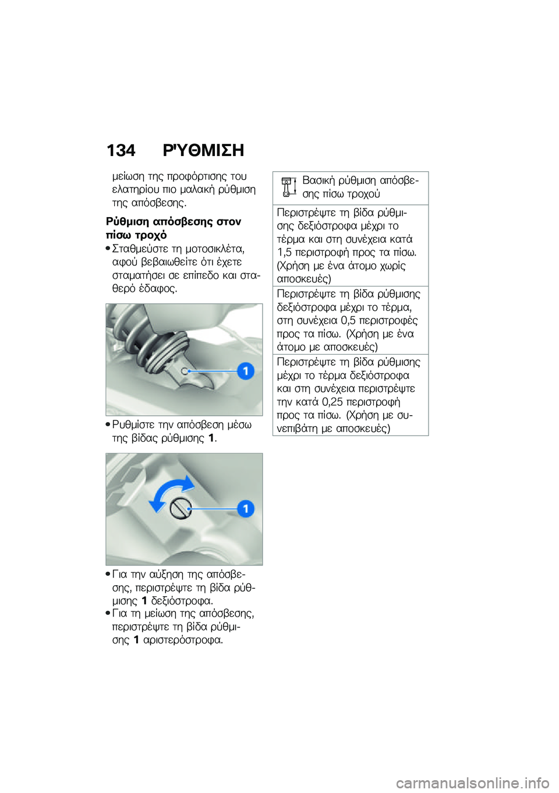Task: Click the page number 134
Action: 121,151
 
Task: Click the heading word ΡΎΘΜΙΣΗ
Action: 203,151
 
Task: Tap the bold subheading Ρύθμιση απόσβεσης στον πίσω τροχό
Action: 173,228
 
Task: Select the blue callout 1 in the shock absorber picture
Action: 246,371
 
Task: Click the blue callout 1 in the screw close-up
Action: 246,508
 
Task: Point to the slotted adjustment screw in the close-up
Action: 181,508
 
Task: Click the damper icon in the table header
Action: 287,187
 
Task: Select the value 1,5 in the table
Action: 284,253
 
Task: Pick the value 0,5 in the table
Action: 348,321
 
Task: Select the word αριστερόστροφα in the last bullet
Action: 183,640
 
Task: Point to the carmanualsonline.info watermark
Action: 472,783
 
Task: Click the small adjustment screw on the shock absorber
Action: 185,371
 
